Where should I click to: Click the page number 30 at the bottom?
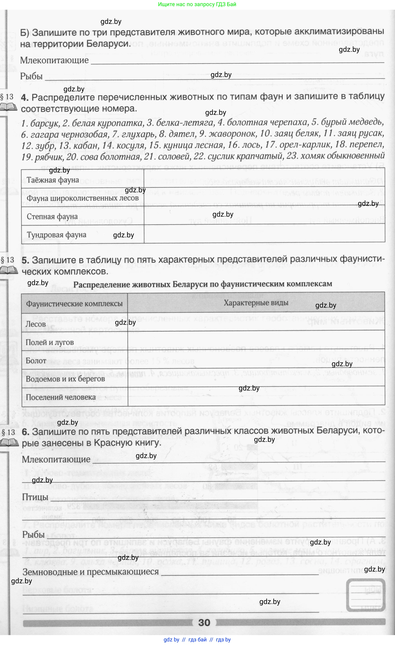click(x=204, y=622)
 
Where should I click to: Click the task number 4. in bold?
click(x=25, y=97)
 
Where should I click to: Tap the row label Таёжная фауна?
click(x=53, y=180)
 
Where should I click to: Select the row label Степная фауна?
click(x=52, y=216)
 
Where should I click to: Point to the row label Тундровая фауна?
click(x=56, y=235)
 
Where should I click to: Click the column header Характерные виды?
click(x=256, y=303)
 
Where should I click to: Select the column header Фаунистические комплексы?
click(x=74, y=304)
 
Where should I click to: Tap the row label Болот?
click(x=36, y=361)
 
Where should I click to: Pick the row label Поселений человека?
click(x=60, y=397)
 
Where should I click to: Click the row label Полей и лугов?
click(x=50, y=342)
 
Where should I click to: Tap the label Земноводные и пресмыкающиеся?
click(x=91, y=571)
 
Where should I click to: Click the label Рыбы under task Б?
click(x=31, y=76)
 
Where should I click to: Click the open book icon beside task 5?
click(x=9, y=270)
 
